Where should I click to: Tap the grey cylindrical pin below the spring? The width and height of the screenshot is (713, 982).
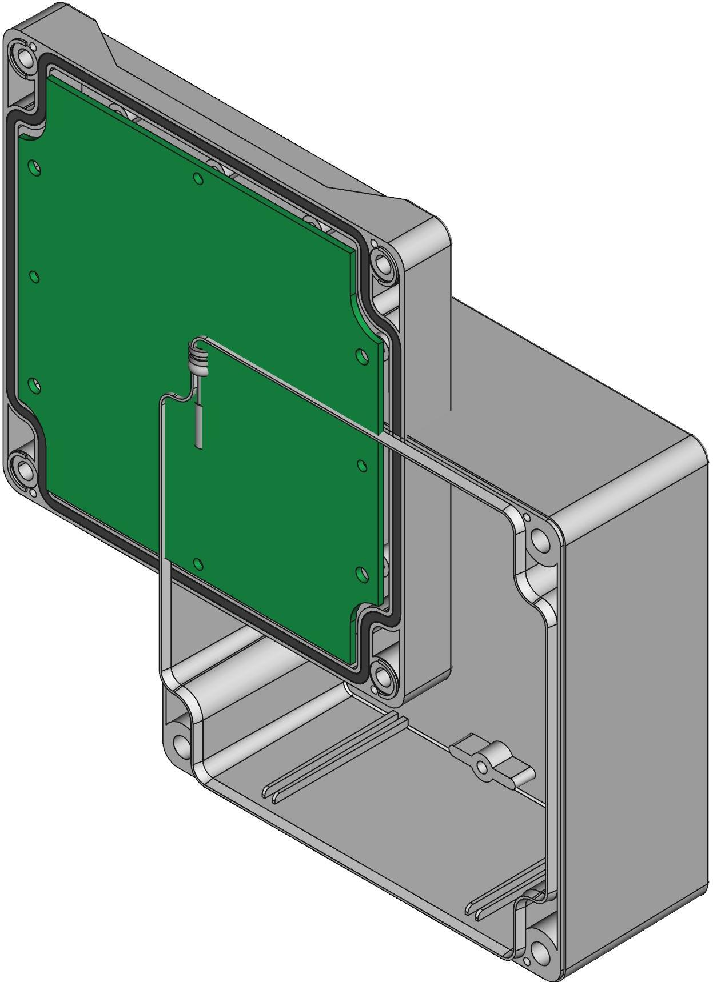click(198, 425)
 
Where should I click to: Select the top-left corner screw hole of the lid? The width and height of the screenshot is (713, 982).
click(26, 57)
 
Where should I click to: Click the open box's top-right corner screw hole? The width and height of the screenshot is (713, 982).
click(538, 539)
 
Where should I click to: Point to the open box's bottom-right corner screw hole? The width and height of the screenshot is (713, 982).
click(539, 951)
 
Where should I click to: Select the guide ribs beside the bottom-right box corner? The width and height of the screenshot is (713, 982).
click(503, 897)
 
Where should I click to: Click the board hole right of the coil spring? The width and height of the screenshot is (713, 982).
click(361, 356)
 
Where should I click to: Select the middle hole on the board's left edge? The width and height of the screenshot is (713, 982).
click(34, 277)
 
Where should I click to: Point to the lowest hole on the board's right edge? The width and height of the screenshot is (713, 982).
click(360, 572)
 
